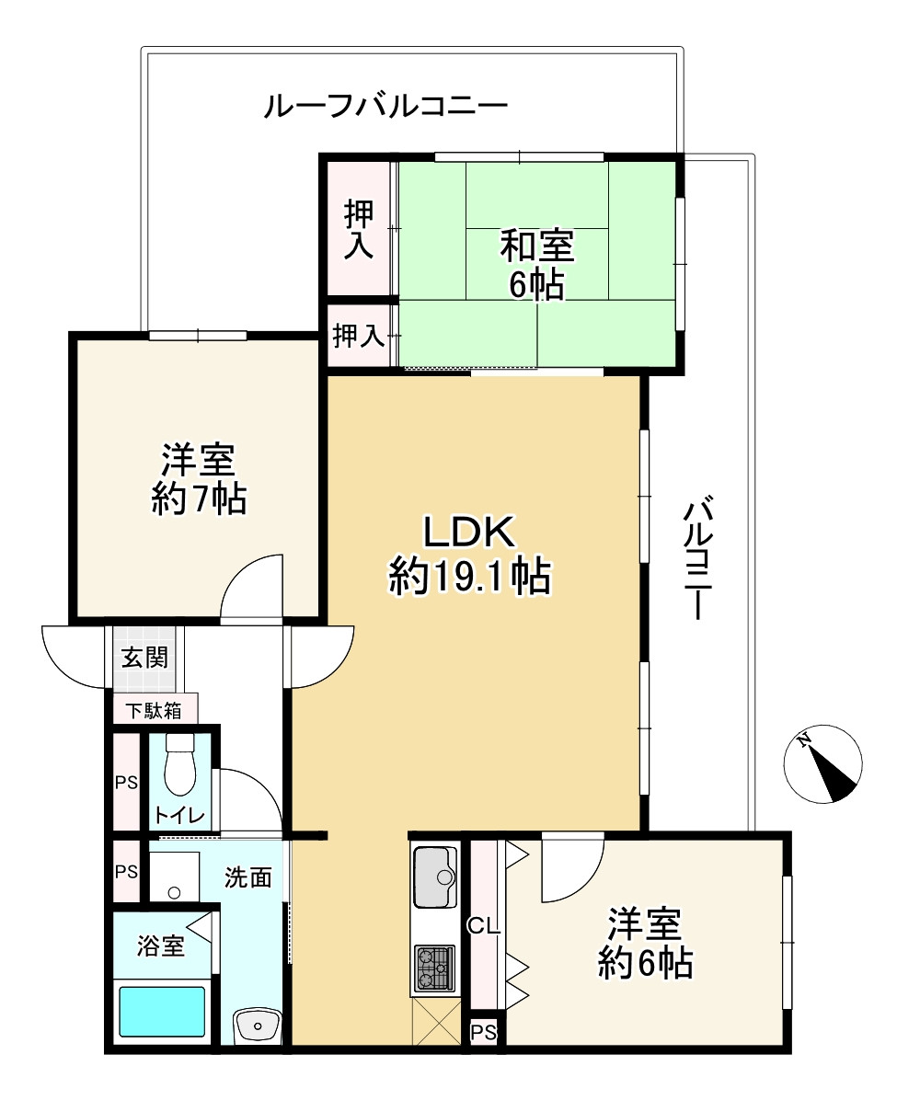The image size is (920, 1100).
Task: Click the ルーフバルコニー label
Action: [385, 107]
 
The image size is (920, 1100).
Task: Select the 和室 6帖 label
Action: [536, 265]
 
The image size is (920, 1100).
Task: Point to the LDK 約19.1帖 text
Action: [470, 556]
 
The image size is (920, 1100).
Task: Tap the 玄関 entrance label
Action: [144, 659]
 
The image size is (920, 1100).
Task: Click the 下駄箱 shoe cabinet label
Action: [154, 711]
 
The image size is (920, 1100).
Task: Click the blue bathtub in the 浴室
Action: [162, 1012]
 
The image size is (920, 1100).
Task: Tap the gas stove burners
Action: [434, 968]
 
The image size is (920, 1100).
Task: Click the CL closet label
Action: [483, 926]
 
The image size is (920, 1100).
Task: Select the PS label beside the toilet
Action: [125, 783]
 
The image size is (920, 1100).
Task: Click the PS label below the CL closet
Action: [483, 1033]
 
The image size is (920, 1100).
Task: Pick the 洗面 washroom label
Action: [248, 877]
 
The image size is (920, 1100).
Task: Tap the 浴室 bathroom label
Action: [161, 945]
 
